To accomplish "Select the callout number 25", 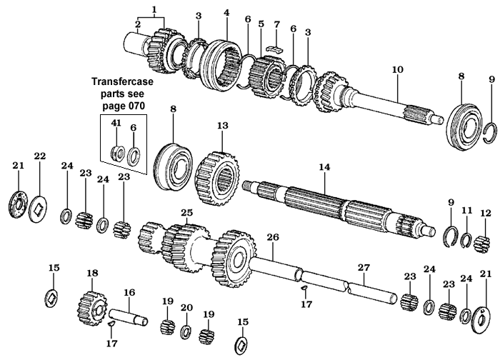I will (x=187, y=213).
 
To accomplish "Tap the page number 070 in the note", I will (x=134, y=105).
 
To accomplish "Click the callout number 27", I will (x=363, y=268).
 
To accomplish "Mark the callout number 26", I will (x=272, y=236).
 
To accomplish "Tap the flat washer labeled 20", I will (x=186, y=331).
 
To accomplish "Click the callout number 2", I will (x=136, y=27).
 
